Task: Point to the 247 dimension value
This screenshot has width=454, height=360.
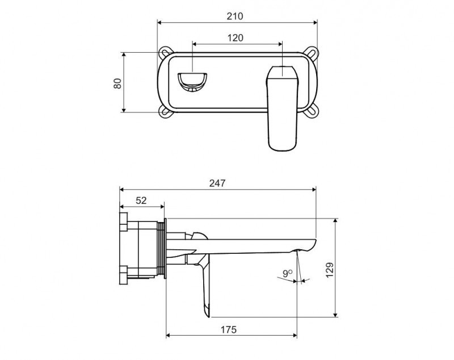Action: click(x=217, y=183)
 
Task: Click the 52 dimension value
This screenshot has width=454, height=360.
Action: click(x=141, y=200)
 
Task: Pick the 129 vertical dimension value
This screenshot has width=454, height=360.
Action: click(x=330, y=268)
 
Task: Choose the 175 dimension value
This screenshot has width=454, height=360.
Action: click(x=228, y=329)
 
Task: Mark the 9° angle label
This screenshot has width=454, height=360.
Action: click(x=288, y=273)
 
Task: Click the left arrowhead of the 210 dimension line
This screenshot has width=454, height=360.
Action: click(x=159, y=23)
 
